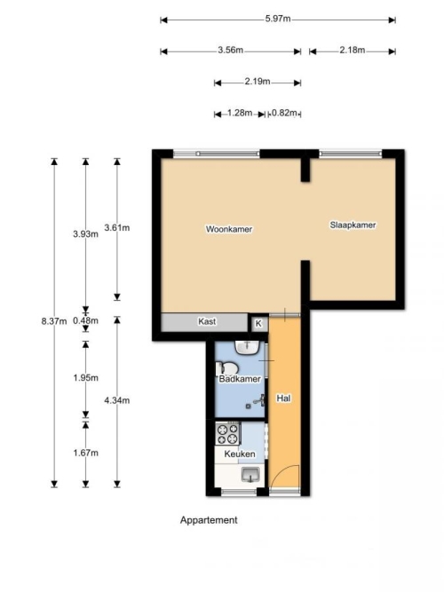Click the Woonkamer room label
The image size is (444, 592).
point(229,229)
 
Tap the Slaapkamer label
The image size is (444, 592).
point(353,225)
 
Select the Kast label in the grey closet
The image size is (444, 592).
point(207,321)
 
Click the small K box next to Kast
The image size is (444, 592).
point(258,324)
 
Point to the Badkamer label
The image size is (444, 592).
point(240,379)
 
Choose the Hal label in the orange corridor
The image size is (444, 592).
point(284,399)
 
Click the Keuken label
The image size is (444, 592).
point(240,454)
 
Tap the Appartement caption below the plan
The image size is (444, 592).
point(209,520)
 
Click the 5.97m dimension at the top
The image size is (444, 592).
point(278,19)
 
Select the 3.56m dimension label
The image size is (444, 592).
point(231,51)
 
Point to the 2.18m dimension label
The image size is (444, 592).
point(353,51)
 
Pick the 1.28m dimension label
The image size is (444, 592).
point(240,113)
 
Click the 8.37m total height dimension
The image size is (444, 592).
point(54,321)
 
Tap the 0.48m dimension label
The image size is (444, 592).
point(86,321)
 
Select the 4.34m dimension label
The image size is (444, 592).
point(117,400)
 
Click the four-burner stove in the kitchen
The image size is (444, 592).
point(228,433)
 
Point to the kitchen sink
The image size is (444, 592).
point(251,475)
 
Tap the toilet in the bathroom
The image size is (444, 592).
point(227,369)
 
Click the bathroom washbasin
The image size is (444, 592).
point(247,347)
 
